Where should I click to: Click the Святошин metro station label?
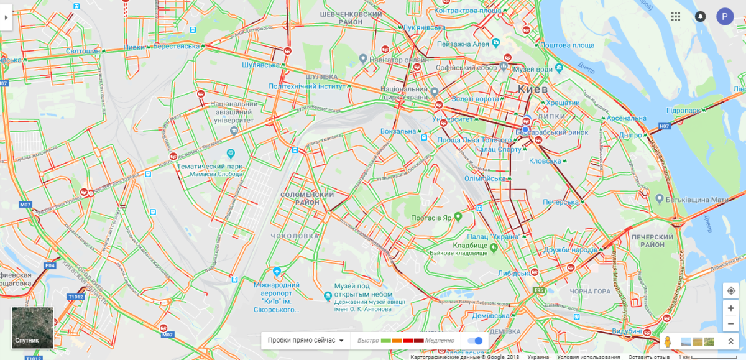tap(83, 51)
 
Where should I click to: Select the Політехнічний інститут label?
tap(306, 86)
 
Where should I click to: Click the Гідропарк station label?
tap(684, 110)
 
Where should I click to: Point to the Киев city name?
tap(533, 90)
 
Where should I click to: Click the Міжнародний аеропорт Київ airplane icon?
tap(277, 272)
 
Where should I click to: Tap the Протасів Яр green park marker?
tap(458, 217)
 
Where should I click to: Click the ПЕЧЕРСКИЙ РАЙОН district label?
tap(652, 241)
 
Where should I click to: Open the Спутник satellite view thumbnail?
tap(32, 327)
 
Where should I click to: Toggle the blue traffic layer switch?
tap(475, 340)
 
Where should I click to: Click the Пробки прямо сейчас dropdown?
tap(305, 340)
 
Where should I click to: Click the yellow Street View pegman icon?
tap(668, 341)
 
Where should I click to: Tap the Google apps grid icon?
tap(676, 17)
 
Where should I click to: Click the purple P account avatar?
tap(725, 17)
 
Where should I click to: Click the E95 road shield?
tap(538, 290)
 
